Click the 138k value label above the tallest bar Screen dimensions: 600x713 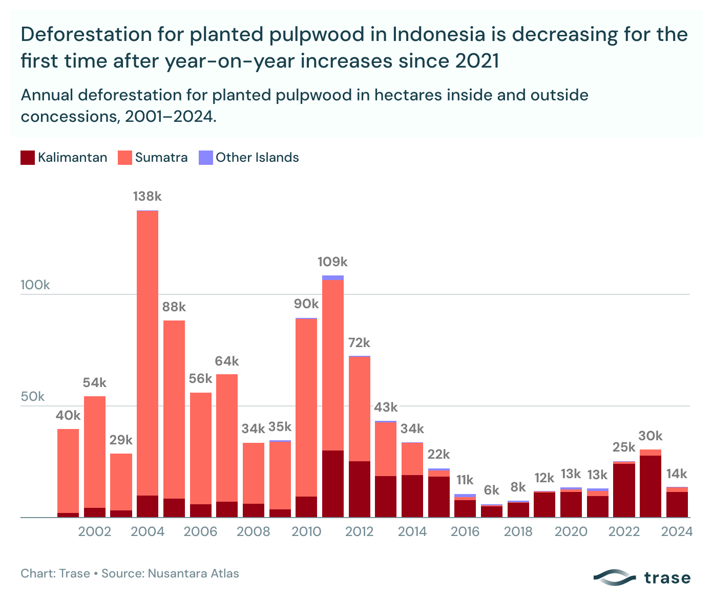[x=147, y=197]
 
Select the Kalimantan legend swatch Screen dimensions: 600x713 [x=28, y=158]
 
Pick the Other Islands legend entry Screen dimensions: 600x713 [x=257, y=158]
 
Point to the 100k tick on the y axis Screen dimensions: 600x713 [x=35, y=285]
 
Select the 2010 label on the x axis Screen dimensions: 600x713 [x=306, y=531]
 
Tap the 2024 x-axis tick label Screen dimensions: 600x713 [x=677, y=531]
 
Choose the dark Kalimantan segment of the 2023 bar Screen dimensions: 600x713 [x=651, y=486]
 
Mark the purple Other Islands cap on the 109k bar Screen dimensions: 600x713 [x=333, y=278]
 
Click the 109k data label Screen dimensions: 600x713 [x=332, y=262]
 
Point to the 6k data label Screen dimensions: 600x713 [x=492, y=490]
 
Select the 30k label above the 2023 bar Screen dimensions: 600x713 [x=651, y=436]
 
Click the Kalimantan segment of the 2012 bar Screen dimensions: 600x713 [x=359, y=489]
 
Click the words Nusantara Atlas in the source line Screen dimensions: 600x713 [x=193, y=573]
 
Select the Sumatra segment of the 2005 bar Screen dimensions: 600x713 [x=174, y=410]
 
